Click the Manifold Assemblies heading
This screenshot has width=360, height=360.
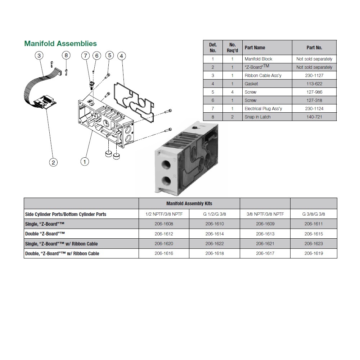pos(60,44)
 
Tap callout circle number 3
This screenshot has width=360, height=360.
pos(39,55)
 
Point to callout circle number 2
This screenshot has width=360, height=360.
pos(53,162)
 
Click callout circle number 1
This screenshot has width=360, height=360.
pos(85,162)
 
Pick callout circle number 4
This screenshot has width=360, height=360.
pos(122,56)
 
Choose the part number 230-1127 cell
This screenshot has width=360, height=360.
pos(314,76)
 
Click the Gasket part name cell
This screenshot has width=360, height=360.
pos(251,84)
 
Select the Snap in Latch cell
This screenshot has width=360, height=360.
pos(257,117)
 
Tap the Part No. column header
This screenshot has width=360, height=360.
pos(314,48)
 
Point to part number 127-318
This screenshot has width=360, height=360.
pos(314,100)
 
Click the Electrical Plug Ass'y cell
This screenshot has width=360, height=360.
pos(263,109)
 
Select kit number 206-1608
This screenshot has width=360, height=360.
pos(164,224)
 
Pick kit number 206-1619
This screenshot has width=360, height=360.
pos(314,253)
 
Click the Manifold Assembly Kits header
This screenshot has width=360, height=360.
pos(189,203)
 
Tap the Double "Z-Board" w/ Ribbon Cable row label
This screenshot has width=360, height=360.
pos(62,253)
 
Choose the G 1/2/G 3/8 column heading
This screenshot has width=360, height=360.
pos(215,214)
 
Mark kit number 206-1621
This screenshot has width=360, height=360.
pos(265,244)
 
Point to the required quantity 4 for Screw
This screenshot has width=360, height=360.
pos(232,92)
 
